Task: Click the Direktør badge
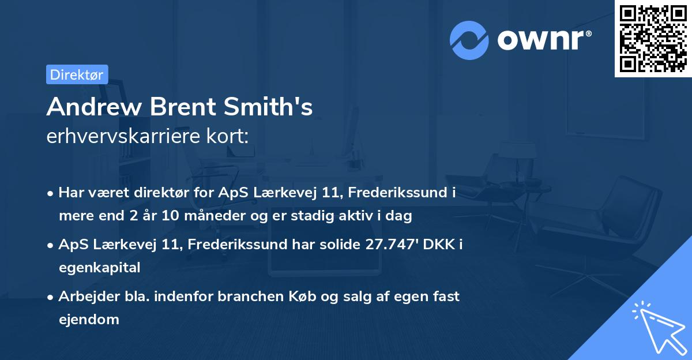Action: tap(77, 74)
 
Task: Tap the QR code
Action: tap(653, 39)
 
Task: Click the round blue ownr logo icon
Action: tap(469, 40)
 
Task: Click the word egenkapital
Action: tap(99, 268)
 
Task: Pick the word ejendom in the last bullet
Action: tap(89, 319)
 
